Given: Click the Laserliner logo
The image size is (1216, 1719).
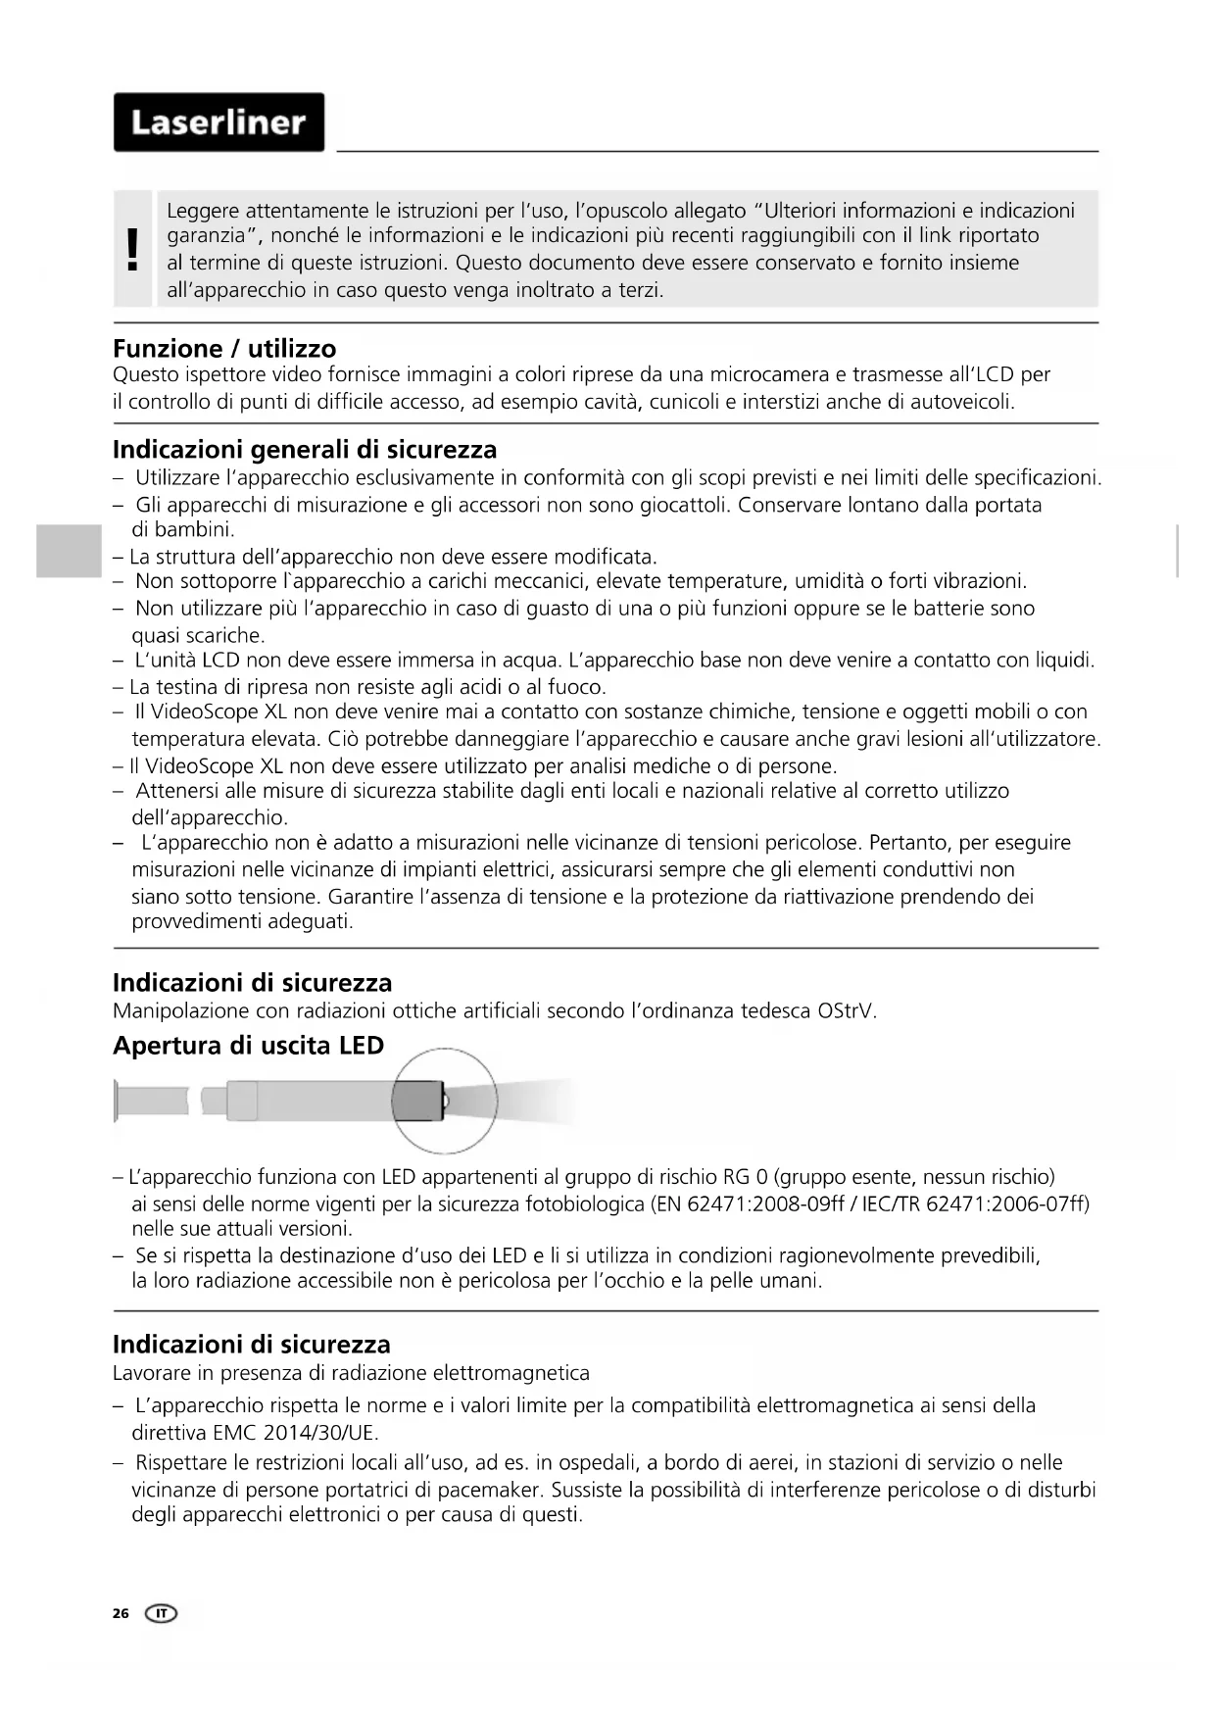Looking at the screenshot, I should (219, 123).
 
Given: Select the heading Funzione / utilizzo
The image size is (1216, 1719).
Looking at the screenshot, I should (224, 349).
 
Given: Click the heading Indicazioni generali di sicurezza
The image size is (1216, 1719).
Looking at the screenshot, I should (305, 450).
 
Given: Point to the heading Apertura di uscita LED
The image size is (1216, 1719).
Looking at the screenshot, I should (248, 1046).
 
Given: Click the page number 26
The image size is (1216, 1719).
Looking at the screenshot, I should (121, 1613).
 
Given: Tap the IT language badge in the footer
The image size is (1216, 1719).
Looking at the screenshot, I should (162, 1613).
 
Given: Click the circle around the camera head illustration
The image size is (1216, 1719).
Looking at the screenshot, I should (444, 1101).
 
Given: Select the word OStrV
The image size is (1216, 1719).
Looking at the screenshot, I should (846, 1010).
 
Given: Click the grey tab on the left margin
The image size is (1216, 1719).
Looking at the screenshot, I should (69, 551).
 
